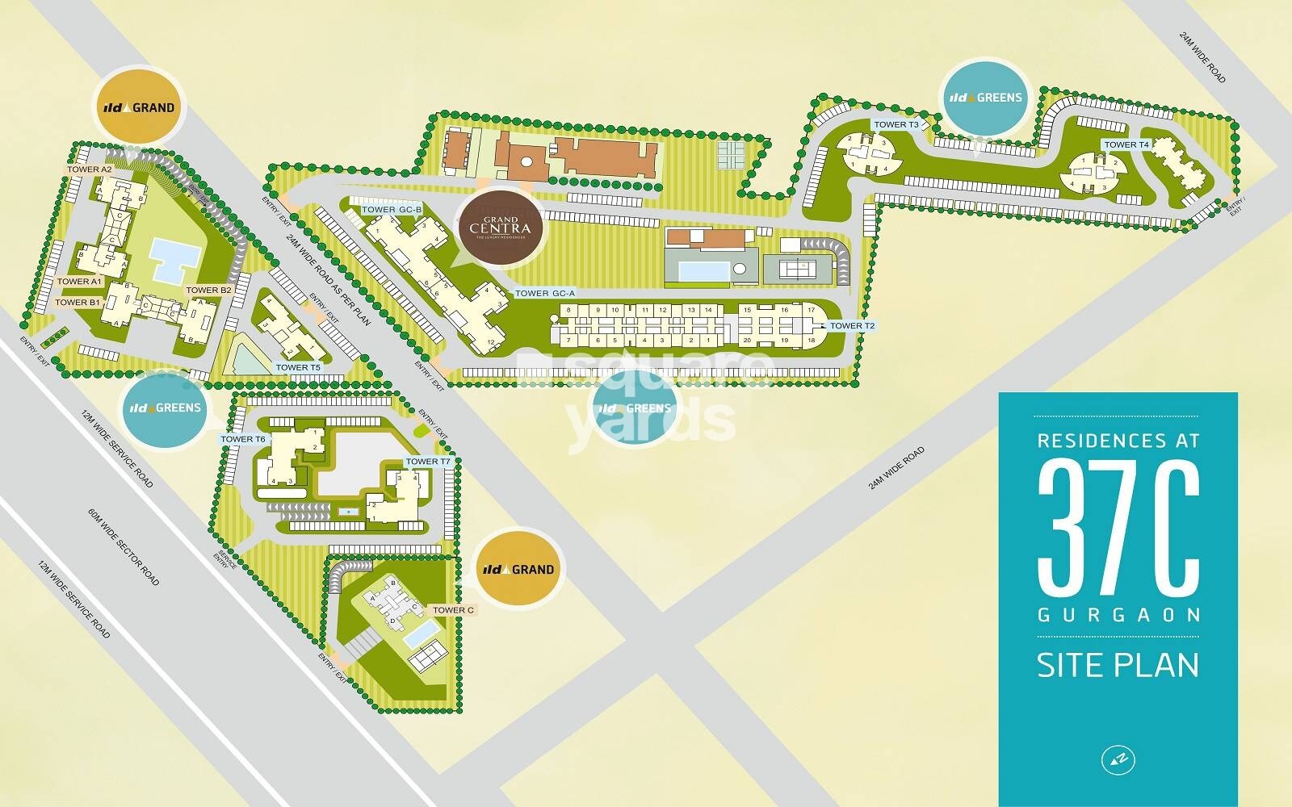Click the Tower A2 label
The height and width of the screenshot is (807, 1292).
90,169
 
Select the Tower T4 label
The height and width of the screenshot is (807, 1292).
1126,145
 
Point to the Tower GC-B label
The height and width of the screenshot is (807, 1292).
392,210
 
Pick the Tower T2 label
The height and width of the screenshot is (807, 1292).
852,326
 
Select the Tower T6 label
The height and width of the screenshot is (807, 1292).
243,439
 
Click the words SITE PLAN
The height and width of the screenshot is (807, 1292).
1118,665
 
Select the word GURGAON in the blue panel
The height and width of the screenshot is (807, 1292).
1118,615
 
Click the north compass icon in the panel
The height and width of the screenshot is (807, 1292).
1118,759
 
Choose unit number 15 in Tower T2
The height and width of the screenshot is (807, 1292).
748,310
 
